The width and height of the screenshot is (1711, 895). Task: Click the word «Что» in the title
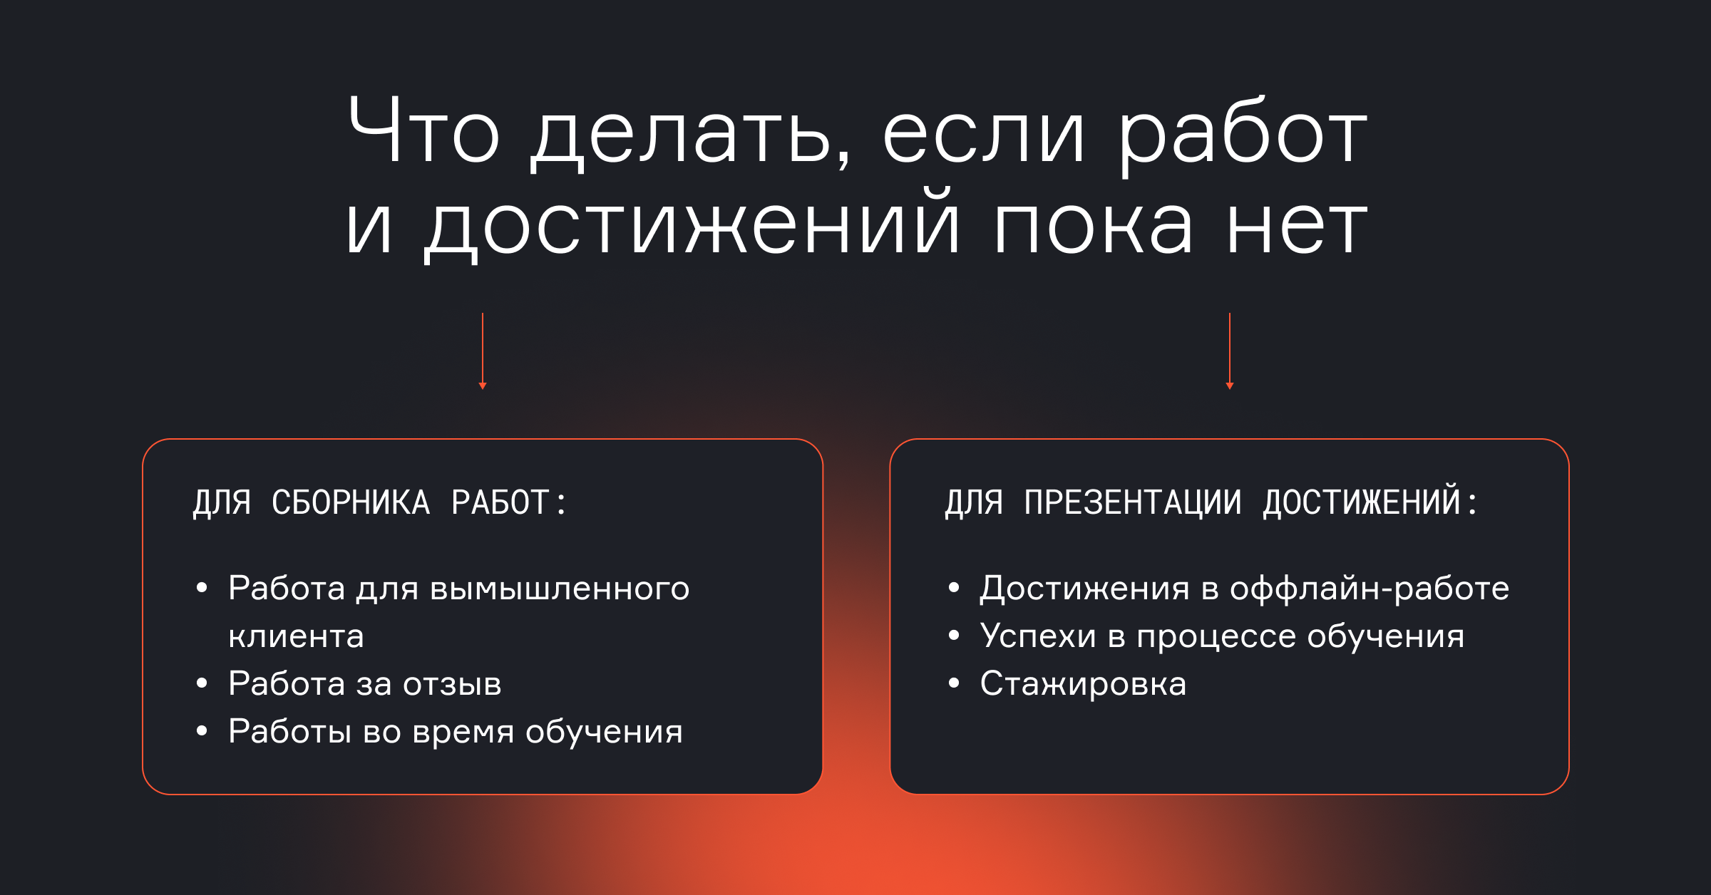click(x=424, y=129)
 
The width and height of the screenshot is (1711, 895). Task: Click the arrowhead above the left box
click(x=483, y=386)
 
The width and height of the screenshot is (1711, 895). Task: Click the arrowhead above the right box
click(x=1230, y=386)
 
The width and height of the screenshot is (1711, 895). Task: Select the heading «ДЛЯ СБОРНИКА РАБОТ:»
click(x=379, y=502)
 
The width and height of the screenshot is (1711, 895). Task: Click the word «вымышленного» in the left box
click(x=560, y=589)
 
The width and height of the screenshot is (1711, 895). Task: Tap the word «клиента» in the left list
click(x=296, y=636)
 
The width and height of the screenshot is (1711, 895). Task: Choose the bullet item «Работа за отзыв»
click(x=365, y=683)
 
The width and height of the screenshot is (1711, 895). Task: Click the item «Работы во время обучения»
click(x=456, y=732)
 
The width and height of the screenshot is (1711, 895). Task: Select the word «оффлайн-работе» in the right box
click(x=1370, y=589)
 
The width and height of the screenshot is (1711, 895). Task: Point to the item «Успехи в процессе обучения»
click(x=1222, y=636)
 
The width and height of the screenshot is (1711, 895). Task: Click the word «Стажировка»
click(x=1083, y=684)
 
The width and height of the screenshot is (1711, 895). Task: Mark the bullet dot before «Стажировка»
click(x=954, y=683)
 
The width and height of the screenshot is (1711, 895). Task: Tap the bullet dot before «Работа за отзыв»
click(x=202, y=683)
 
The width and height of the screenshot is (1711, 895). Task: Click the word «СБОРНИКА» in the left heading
click(x=351, y=502)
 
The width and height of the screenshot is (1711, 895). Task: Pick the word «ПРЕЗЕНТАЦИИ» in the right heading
click(x=1132, y=502)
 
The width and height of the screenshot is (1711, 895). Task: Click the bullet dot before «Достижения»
click(x=954, y=587)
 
